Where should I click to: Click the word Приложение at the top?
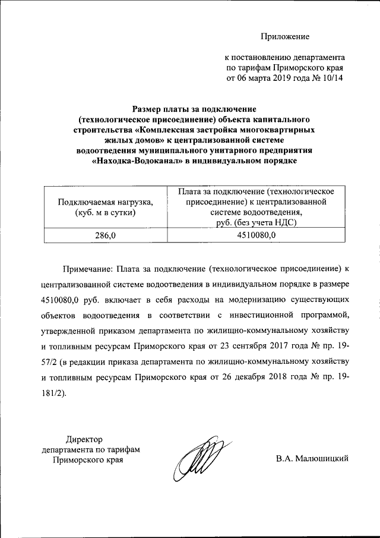click(285, 37)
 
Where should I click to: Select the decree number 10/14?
click(332, 78)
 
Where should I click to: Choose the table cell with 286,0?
click(105, 236)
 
